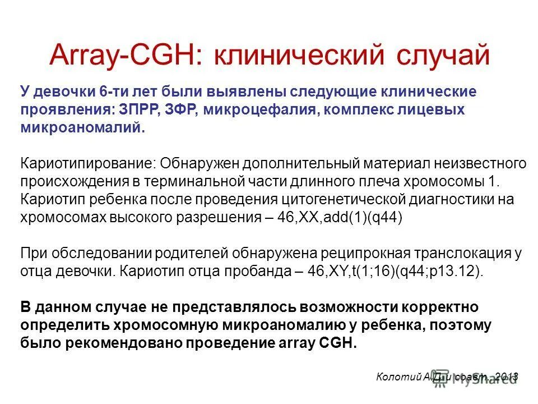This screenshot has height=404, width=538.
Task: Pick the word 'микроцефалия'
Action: click(x=261, y=109)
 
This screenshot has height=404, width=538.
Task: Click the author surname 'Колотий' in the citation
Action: click(x=398, y=377)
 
